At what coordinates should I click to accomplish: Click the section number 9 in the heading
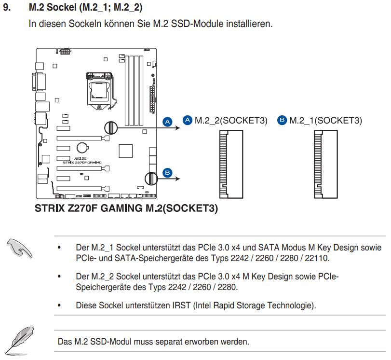click(x=7, y=7)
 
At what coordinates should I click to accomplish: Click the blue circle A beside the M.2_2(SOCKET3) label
click(x=187, y=120)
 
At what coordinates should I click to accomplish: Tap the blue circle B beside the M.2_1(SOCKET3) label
click(x=282, y=120)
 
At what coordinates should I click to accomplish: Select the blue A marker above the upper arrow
click(x=168, y=122)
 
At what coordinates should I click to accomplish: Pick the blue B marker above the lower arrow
click(x=168, y=173)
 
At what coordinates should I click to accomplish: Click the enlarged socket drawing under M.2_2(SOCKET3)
click(x=231, y=164)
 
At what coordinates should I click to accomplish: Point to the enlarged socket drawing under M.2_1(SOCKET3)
click(x=325, y=164)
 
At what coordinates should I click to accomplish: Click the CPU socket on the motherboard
click(x=100, y=91)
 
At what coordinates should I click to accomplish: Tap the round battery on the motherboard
click(x=82, y=148)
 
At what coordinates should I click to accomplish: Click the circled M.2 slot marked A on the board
click(x=111, y=128)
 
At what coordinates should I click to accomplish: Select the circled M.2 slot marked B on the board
click(x=151, y=179)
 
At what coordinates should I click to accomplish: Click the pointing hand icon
click(x=19, y=248)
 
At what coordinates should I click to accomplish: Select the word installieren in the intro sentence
click(x=249, y=24)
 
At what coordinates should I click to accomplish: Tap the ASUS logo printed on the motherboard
click(x=81, y=159)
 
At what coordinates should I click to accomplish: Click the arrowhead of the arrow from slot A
click(x=178, y=128)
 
